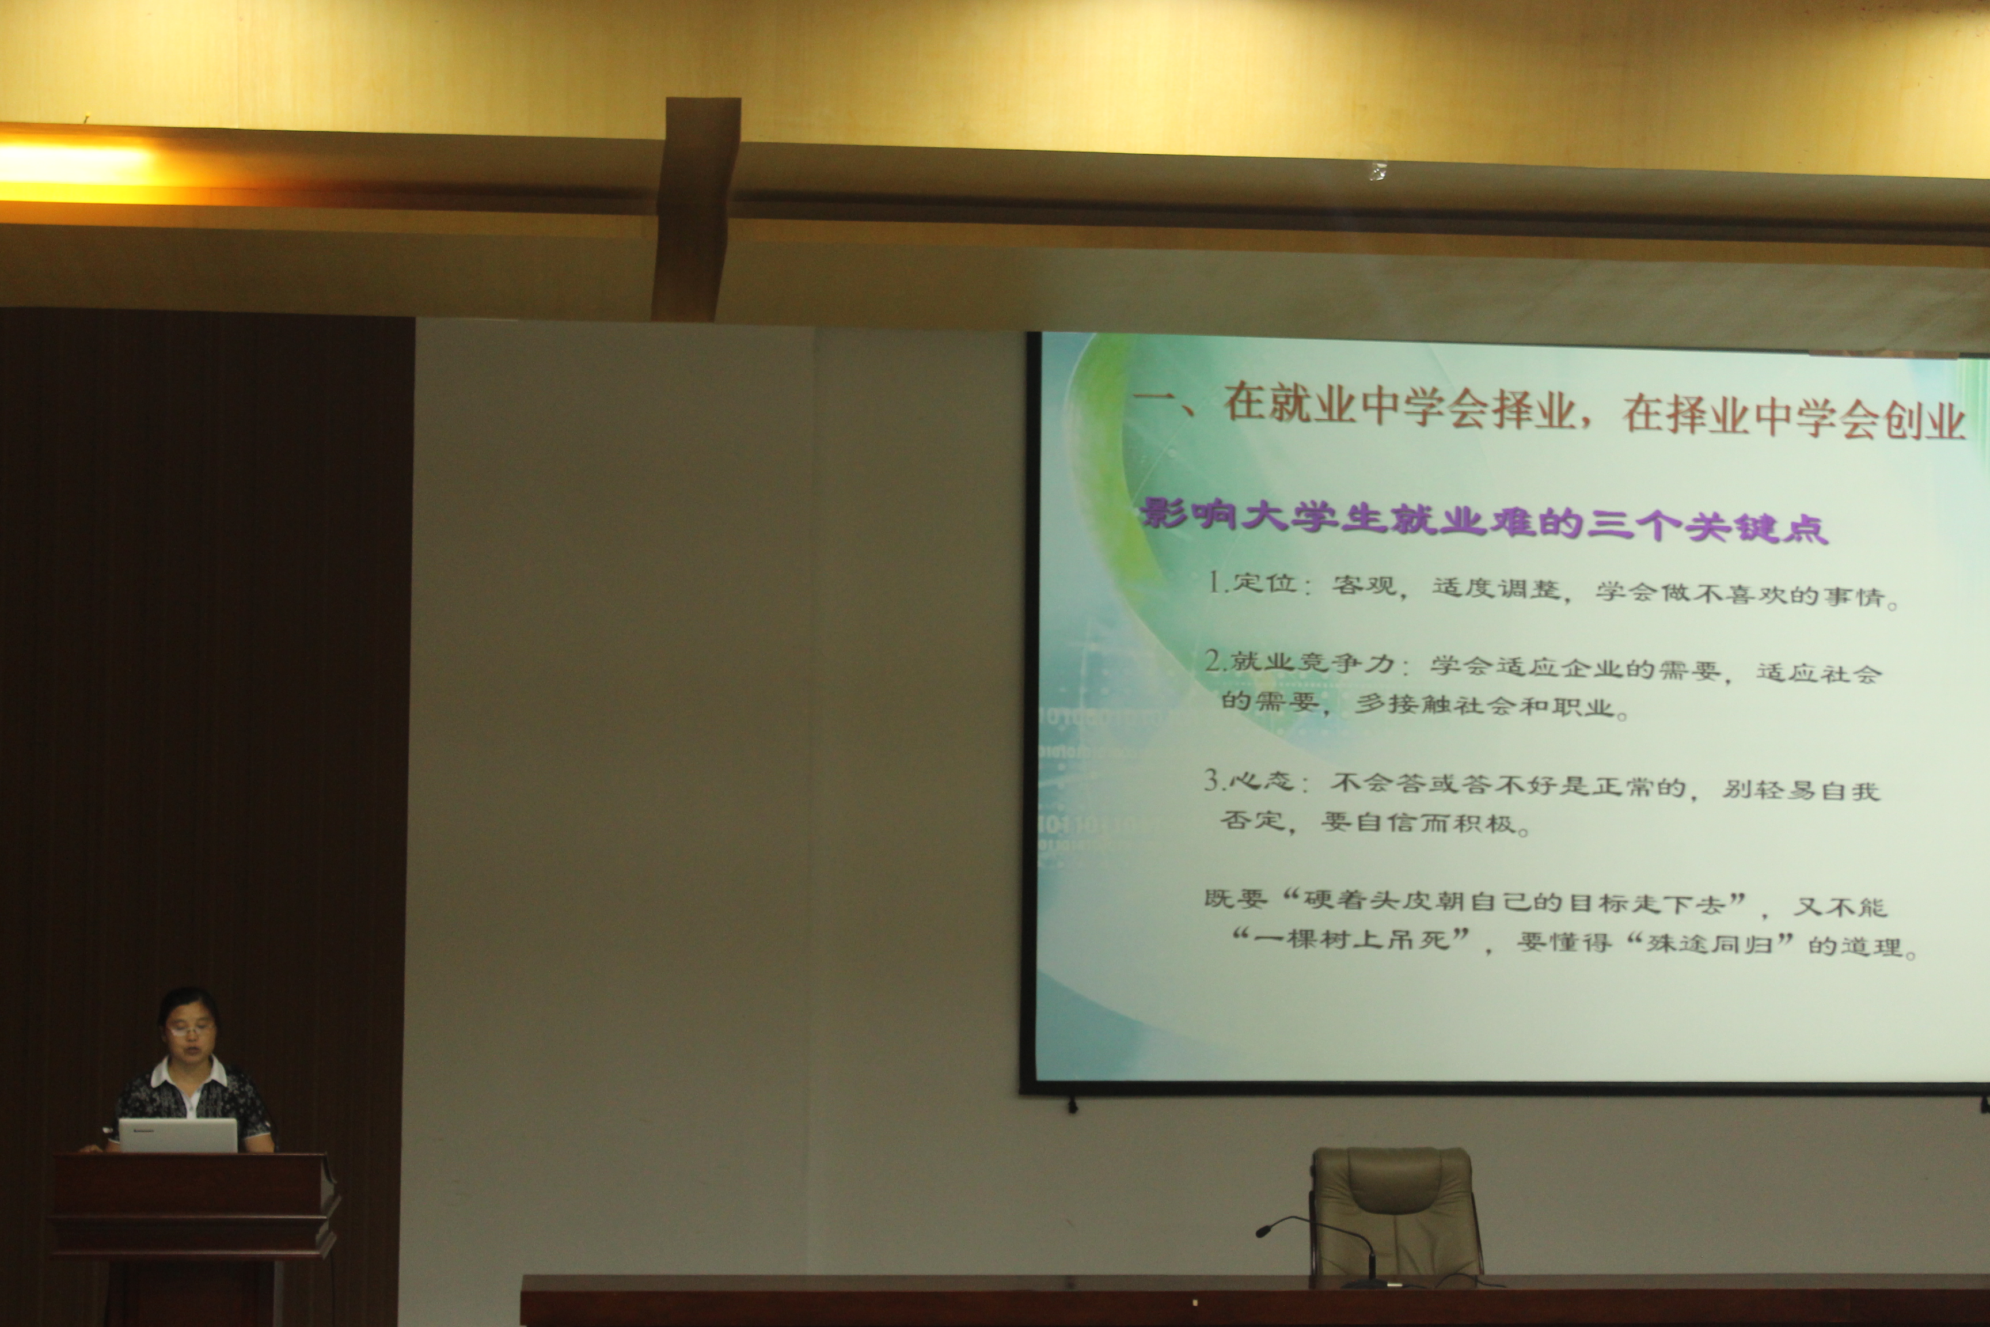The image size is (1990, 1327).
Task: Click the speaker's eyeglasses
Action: point(191,1030)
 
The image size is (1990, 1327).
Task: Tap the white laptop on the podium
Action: point(178,1135)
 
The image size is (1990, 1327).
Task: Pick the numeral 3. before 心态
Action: point(1215,779)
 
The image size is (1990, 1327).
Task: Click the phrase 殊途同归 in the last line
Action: point(1708,943)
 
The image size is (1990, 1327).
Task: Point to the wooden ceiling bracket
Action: point(696,208)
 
